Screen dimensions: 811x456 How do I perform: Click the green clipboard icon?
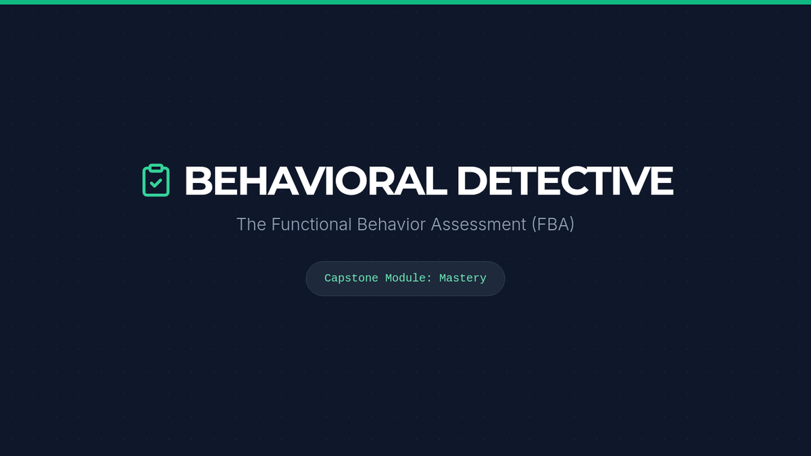click(156, 180)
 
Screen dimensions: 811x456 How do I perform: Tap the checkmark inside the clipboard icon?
click(156, 183)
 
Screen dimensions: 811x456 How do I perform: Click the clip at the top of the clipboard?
click(156, 168)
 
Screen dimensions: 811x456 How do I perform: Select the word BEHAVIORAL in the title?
click(316, 180)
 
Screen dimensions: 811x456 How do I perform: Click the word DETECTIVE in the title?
click(565, 180)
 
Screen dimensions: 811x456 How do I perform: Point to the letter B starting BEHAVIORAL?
click(198, 180)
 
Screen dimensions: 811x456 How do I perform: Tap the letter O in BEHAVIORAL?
click(353, 180)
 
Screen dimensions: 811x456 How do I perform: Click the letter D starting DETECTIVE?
click(472, 180)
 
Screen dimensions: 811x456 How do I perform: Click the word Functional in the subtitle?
click(312, 224)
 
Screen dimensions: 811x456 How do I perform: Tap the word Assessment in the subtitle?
click(478, 224)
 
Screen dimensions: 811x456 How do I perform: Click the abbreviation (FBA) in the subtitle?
click(553, 224)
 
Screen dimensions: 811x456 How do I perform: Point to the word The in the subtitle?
click(251, 224)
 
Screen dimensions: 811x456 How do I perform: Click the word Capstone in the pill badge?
click(351, 278)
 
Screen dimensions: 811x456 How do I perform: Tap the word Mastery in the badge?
click(463, 278)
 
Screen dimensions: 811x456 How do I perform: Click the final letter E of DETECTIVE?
click(662, 180)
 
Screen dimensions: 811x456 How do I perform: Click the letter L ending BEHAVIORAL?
click(437, 180)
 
